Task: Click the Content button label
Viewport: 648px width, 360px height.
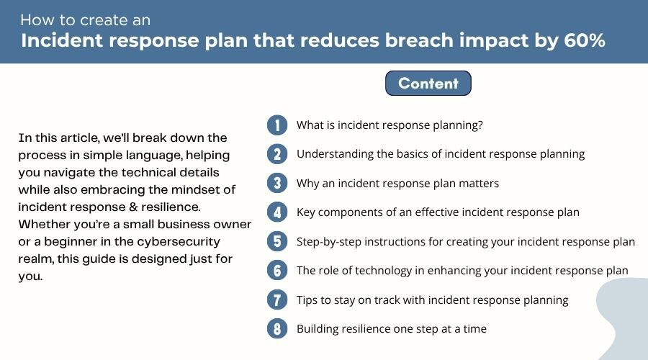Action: tap(428, 83)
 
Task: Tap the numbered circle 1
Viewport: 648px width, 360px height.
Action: tap(277, 125)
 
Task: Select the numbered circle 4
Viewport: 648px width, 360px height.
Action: tap(277, 212)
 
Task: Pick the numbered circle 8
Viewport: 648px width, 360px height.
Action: tap(277, 329)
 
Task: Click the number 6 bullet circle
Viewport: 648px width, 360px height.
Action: tap(277, 271)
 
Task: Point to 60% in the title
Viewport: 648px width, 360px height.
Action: tap(585, 40)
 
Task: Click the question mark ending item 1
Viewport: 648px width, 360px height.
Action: tap(480, 125)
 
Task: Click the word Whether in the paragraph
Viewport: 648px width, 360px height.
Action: tap(44, 224)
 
